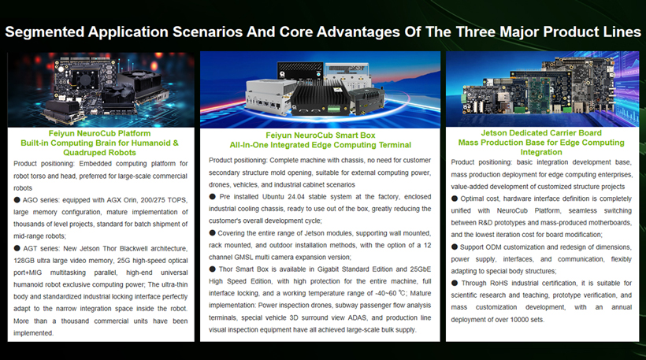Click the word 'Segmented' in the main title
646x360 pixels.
coord(45,32)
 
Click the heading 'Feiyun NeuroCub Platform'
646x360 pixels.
coord(100,133)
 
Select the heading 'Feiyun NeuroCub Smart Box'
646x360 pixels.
coord(321,135)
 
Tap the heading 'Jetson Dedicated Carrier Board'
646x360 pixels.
coord(541,133)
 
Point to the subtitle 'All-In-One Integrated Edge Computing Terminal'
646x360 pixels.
coord(321,145)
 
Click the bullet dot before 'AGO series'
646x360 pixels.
coord(17,200)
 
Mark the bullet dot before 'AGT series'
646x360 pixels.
coord(17,248)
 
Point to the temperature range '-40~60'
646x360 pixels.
coord(387,293)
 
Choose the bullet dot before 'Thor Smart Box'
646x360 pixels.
coord(212,269)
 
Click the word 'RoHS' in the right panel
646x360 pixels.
coord(499,284)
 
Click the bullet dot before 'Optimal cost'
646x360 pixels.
coord(455,199)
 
